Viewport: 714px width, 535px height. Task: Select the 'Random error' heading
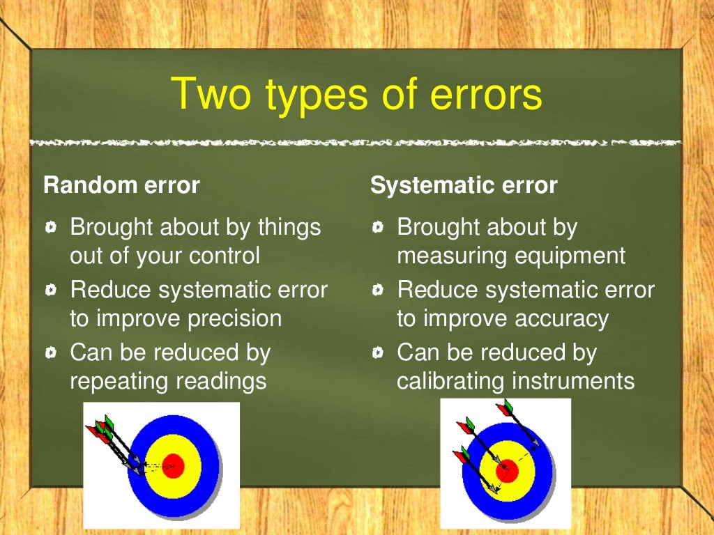tap(121, 185)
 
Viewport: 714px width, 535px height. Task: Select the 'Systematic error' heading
tap(464, 185)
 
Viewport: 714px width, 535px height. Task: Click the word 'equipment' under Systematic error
tap(570, 256)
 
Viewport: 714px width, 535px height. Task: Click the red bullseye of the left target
tap(173, 465)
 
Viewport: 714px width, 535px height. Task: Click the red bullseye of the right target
tap(508, 471)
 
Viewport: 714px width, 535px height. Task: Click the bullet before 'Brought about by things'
tap(52, 227)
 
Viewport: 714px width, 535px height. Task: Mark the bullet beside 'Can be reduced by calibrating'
tap(378, 353)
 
